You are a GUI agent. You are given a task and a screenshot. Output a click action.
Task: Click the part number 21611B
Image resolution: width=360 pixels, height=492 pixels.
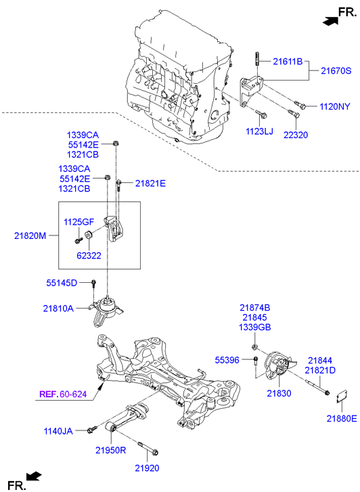(288, 62)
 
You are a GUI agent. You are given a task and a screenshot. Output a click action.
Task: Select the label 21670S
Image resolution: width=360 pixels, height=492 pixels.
(336, 70)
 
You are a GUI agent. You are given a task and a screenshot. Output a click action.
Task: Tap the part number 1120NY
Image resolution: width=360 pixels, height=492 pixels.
(336, 106)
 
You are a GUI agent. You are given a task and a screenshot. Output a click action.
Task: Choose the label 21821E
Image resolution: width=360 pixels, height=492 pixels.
(150, 183)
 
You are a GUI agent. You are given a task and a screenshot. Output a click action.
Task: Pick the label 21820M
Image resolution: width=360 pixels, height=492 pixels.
(31, 236)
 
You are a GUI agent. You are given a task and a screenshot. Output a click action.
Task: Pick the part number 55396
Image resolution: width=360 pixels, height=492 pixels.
(227, 360)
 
